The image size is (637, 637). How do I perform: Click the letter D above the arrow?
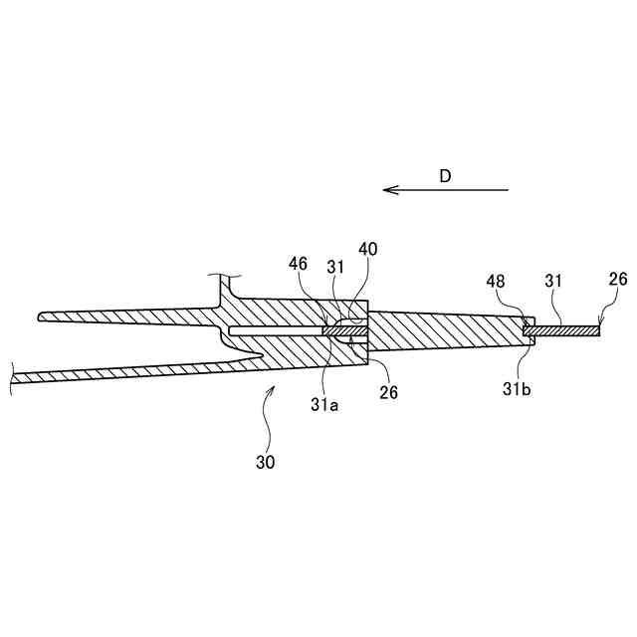coord(446,176)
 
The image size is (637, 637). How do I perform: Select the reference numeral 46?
coord(298,265)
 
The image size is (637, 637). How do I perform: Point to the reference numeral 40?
coord(368,249)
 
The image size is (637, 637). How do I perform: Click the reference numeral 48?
coord(497,283)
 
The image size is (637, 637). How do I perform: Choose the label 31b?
coord(517,389)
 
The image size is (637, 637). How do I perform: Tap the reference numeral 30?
coord(264,462)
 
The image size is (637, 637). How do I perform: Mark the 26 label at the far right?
coord(603,283)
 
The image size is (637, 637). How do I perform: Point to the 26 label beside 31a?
coord(388,392)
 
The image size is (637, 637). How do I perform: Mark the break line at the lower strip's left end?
coord(12,375)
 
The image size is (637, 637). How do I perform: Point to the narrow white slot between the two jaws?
coord(274,328)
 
